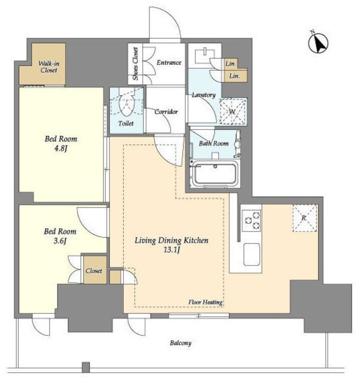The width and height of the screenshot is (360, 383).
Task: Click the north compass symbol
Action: [318, 42]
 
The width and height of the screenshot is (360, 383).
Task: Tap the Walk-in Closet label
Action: [49, 67]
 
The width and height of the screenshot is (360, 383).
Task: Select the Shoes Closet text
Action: [136, 64]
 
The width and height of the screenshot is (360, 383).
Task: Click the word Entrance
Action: [169, 62]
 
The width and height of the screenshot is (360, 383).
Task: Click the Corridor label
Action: [166, 112]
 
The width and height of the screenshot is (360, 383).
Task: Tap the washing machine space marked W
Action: [233, 111]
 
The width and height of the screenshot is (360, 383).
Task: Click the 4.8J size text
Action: [60, 148]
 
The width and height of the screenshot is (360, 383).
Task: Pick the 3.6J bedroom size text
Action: [60, 241]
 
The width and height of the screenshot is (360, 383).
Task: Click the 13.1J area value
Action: [172, 250]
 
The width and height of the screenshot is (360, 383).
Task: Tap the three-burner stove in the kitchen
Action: [251, 221]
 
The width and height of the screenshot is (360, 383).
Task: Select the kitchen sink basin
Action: [252, 254]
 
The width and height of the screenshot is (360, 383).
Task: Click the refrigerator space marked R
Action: [305, 218]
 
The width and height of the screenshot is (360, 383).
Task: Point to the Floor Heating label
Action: [205, 302]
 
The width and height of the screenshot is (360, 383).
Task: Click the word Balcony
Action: [181, 343]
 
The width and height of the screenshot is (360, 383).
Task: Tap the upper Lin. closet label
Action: [231, 63]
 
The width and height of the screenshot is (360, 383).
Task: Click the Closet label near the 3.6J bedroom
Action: [94, 270]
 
